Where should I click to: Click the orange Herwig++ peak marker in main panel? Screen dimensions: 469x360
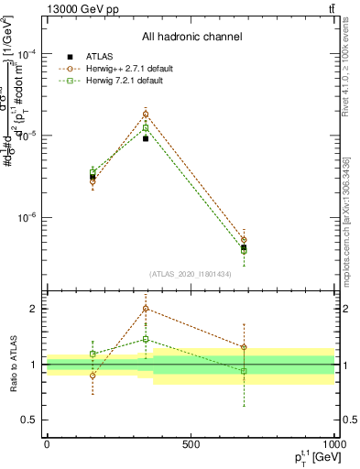(146, 115)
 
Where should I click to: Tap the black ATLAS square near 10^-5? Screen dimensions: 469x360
(146, 138)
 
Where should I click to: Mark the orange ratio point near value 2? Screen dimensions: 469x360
(146, 309)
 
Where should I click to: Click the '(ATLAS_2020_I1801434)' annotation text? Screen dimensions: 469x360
(191, 274)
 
